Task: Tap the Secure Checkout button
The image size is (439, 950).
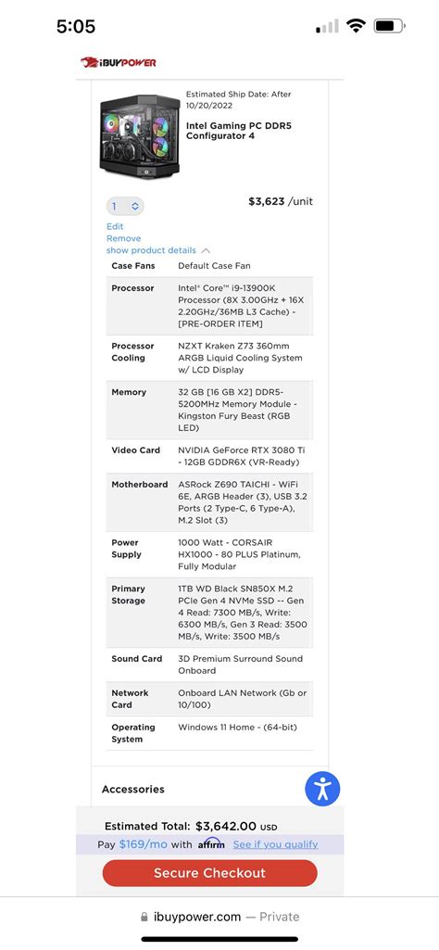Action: (209, 873)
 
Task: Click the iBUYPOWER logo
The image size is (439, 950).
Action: (119, 62)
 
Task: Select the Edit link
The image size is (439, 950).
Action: (115, 226)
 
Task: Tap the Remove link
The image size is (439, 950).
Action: (123, 238)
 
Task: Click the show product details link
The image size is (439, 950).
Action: (151, 250)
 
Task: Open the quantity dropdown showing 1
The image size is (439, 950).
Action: (125, 206)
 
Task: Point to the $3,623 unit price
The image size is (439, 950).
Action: (267, 201)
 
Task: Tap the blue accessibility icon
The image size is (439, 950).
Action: (322, 789)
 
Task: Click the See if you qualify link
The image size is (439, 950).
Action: (275, 844)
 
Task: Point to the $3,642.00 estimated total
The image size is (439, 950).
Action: (225, 826)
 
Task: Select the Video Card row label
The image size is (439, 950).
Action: (135, 450)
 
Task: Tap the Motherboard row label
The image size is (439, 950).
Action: (139, 485)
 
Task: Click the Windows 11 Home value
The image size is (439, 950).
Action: (237, 728)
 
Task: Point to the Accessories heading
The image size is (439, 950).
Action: (133, 789)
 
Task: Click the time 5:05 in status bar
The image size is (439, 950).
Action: (75, 27)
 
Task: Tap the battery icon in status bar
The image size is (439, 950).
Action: (389, 26)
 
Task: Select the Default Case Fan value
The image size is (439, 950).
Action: (214, 266)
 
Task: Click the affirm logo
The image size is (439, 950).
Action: (211, 844)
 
